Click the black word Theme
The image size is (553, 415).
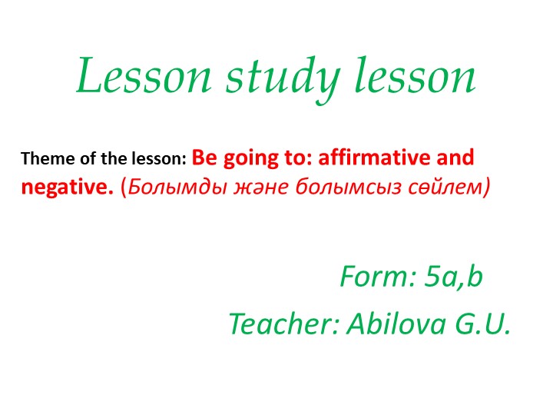[x=42, y=160]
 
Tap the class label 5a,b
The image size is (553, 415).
[x=454, y=277]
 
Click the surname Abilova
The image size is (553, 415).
[x=387, y=325]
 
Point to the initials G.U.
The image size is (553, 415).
[x=476, y=325]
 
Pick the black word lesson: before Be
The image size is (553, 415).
[x=153, y=160]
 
